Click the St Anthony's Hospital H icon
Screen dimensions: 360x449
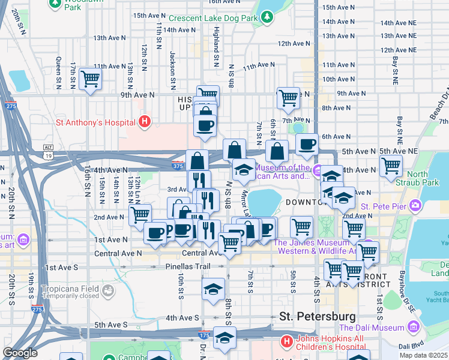pos(144,122)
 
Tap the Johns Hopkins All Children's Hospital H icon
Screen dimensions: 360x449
pos(287,342)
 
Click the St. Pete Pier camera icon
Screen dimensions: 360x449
pos(415,207)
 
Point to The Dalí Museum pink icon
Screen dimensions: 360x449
pos(413,327)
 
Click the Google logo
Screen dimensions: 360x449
pos(20,353)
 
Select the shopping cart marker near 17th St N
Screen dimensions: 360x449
pos(90,78)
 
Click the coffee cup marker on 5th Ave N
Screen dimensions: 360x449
pos(307,145)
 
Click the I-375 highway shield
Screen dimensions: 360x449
pos(177,166)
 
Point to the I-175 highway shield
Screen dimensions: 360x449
pos(205,331)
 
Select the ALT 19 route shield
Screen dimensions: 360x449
pos(49,152)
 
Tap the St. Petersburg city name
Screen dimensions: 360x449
pos(318,316)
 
